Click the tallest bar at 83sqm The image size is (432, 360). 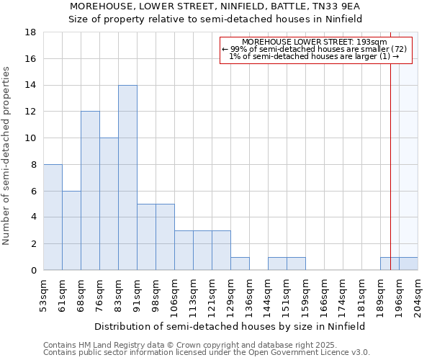click(127, 178)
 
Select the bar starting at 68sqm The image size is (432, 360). click(90, 191)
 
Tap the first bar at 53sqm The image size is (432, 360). click(53, 217)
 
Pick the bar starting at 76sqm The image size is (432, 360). click(109, 204)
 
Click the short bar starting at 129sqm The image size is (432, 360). click(240, 264)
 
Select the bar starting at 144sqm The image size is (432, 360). click(277, 264)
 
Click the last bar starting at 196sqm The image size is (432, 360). click(408, 264)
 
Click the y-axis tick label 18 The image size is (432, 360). click(30, 32)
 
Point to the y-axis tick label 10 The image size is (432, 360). click(30, 138)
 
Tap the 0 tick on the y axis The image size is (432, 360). click(33, 270)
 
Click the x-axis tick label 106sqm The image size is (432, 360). click(174, 295)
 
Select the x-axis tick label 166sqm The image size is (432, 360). click(324, 295)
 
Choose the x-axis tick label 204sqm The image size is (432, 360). click(418, 295)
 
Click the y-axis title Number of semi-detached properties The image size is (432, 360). click(6, 156)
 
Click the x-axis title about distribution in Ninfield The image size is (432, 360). click(230, 326)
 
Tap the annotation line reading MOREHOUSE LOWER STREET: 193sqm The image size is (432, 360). click(315, 42)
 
